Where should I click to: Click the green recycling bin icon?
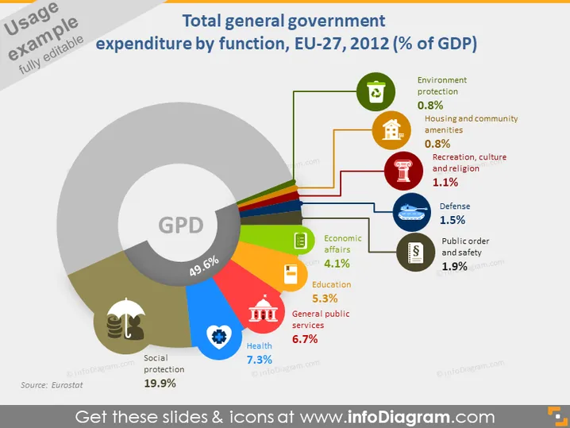(376, 91)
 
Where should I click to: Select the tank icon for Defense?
(412, 212)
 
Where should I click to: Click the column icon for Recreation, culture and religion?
(402, 171)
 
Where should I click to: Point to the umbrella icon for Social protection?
(125, 319)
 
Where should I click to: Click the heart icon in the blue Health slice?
(219, 337)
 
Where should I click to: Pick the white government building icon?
(264, 310)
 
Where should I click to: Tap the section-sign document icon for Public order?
(415, 252)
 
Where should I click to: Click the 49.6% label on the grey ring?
(204, 266)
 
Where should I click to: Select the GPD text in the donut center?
(181, 225)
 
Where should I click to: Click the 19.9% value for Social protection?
(160, 383)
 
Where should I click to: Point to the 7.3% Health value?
(259, 360)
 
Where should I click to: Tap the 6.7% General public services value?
(305, 339)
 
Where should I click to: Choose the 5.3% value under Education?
(325, 299)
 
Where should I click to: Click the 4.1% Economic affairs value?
(337, 264)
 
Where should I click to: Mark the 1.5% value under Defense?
(453, 220)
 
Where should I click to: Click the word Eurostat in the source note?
(67, 385)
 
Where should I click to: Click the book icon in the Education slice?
(291, 275)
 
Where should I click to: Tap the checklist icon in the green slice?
(300, 241)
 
